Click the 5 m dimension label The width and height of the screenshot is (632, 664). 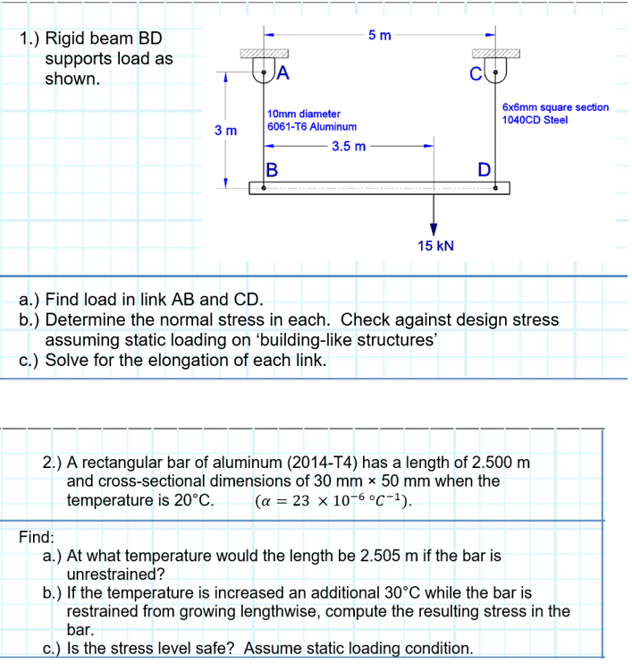(x=379, y=36)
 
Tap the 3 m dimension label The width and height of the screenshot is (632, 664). (x=225, y=131)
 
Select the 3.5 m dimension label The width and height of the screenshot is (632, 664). (x=348, y=146)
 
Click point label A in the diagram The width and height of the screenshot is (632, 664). (x=283, y=73)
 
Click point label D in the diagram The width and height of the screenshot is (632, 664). (x=484, y=168)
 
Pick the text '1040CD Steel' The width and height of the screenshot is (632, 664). (x=535, y=120)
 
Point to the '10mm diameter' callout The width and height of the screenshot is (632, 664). (x=304, y=115)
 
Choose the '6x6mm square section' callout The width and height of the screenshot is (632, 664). (x=555, y=107)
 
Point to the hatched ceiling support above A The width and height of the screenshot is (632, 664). (x=263, y=55)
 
